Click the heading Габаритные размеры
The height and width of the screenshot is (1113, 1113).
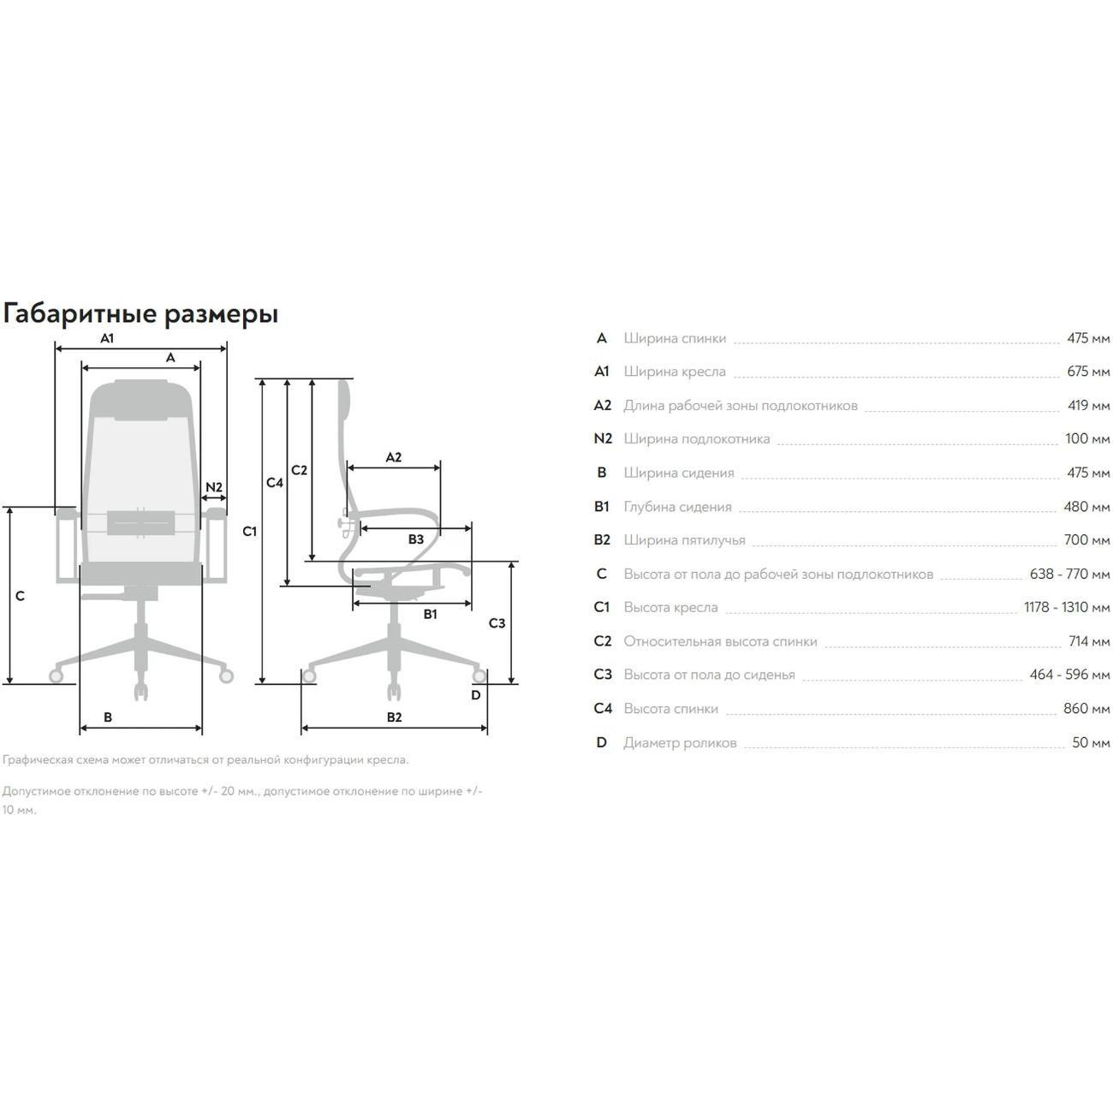(x=140, y=313)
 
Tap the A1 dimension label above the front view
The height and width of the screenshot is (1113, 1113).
(x=107, y=338)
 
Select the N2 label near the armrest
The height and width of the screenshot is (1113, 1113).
(x=214, y=487)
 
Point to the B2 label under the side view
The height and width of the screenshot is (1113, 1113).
(x=394, y=717)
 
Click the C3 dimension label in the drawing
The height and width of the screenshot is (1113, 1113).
(x=497, y=623)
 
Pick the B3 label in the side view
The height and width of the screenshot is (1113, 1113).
(x=415, y=539)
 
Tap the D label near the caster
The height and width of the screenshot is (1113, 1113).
(x=476, y=695)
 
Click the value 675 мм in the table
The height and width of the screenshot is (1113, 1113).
(x=1088, y=372)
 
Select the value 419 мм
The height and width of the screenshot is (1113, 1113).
(x=1088, y=405)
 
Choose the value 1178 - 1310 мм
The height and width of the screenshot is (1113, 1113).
(x=1067, y=607)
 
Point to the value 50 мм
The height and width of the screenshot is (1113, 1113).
(x=1091, y=742)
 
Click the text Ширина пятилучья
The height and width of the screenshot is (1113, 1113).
(x=684, y=540)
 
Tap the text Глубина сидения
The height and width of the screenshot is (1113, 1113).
(x=677, y=507)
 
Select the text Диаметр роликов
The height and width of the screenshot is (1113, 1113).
(x=680, y=742)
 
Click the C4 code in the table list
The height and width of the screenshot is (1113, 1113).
(x=603, y=709)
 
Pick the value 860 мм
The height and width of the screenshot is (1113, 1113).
(x=1087, y=709)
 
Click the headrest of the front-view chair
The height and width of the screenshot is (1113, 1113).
(x=141, y=400)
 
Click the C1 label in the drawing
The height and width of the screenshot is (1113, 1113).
(x=249, y=532)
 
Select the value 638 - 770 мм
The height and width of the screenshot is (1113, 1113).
(x=1069, y=574)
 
